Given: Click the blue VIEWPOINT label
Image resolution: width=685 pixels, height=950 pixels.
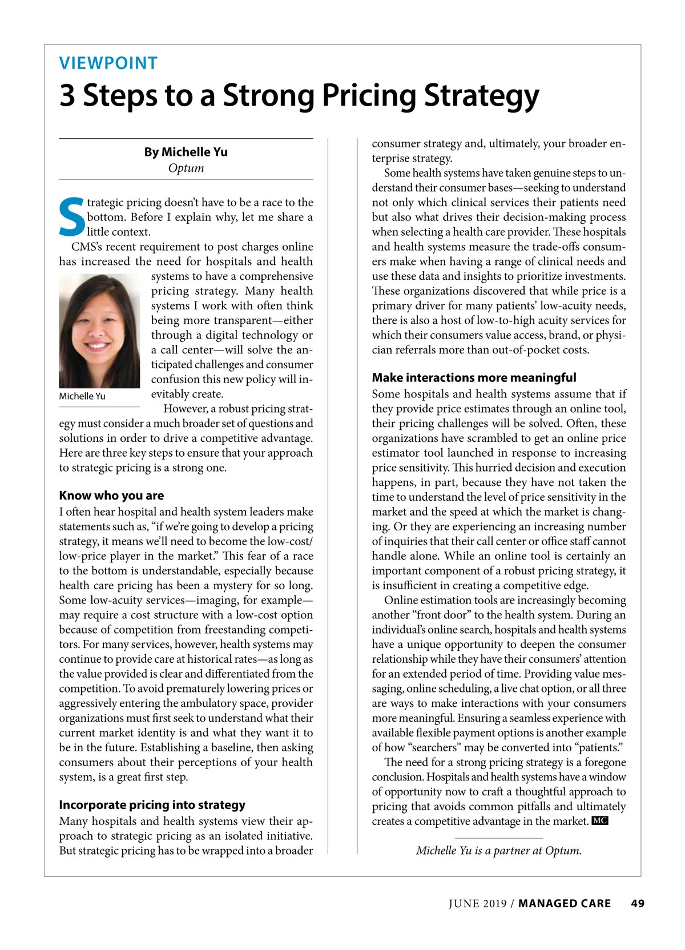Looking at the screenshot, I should (108, 63).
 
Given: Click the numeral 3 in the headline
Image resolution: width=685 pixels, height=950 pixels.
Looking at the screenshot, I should (67, 95).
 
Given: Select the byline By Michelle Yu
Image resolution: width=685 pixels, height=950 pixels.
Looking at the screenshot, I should (186, 152).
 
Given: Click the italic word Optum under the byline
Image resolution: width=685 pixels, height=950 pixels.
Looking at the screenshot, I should (186, 168).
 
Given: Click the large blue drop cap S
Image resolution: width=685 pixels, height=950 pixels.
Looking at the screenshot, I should (72, 217).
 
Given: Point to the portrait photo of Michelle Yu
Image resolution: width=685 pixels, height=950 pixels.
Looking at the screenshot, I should (99, 331).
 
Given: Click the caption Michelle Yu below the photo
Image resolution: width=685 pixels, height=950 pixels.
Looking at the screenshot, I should (82, 396).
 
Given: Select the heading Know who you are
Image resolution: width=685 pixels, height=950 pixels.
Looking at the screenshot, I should (111, 496).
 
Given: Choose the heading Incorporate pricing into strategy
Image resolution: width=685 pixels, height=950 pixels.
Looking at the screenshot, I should (152, 805).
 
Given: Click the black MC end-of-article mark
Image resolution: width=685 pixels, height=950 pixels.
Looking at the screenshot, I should (600, 821).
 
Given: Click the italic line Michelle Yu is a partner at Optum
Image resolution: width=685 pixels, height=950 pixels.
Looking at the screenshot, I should (499, 851).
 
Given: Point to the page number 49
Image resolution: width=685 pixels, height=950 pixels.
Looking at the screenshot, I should (638, 904).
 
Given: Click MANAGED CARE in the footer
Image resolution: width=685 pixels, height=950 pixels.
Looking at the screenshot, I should (565, 904).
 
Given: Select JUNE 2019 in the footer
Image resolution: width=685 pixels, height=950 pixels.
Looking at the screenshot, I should (477, 904).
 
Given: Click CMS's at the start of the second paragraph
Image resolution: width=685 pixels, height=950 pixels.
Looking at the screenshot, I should (87, 247).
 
